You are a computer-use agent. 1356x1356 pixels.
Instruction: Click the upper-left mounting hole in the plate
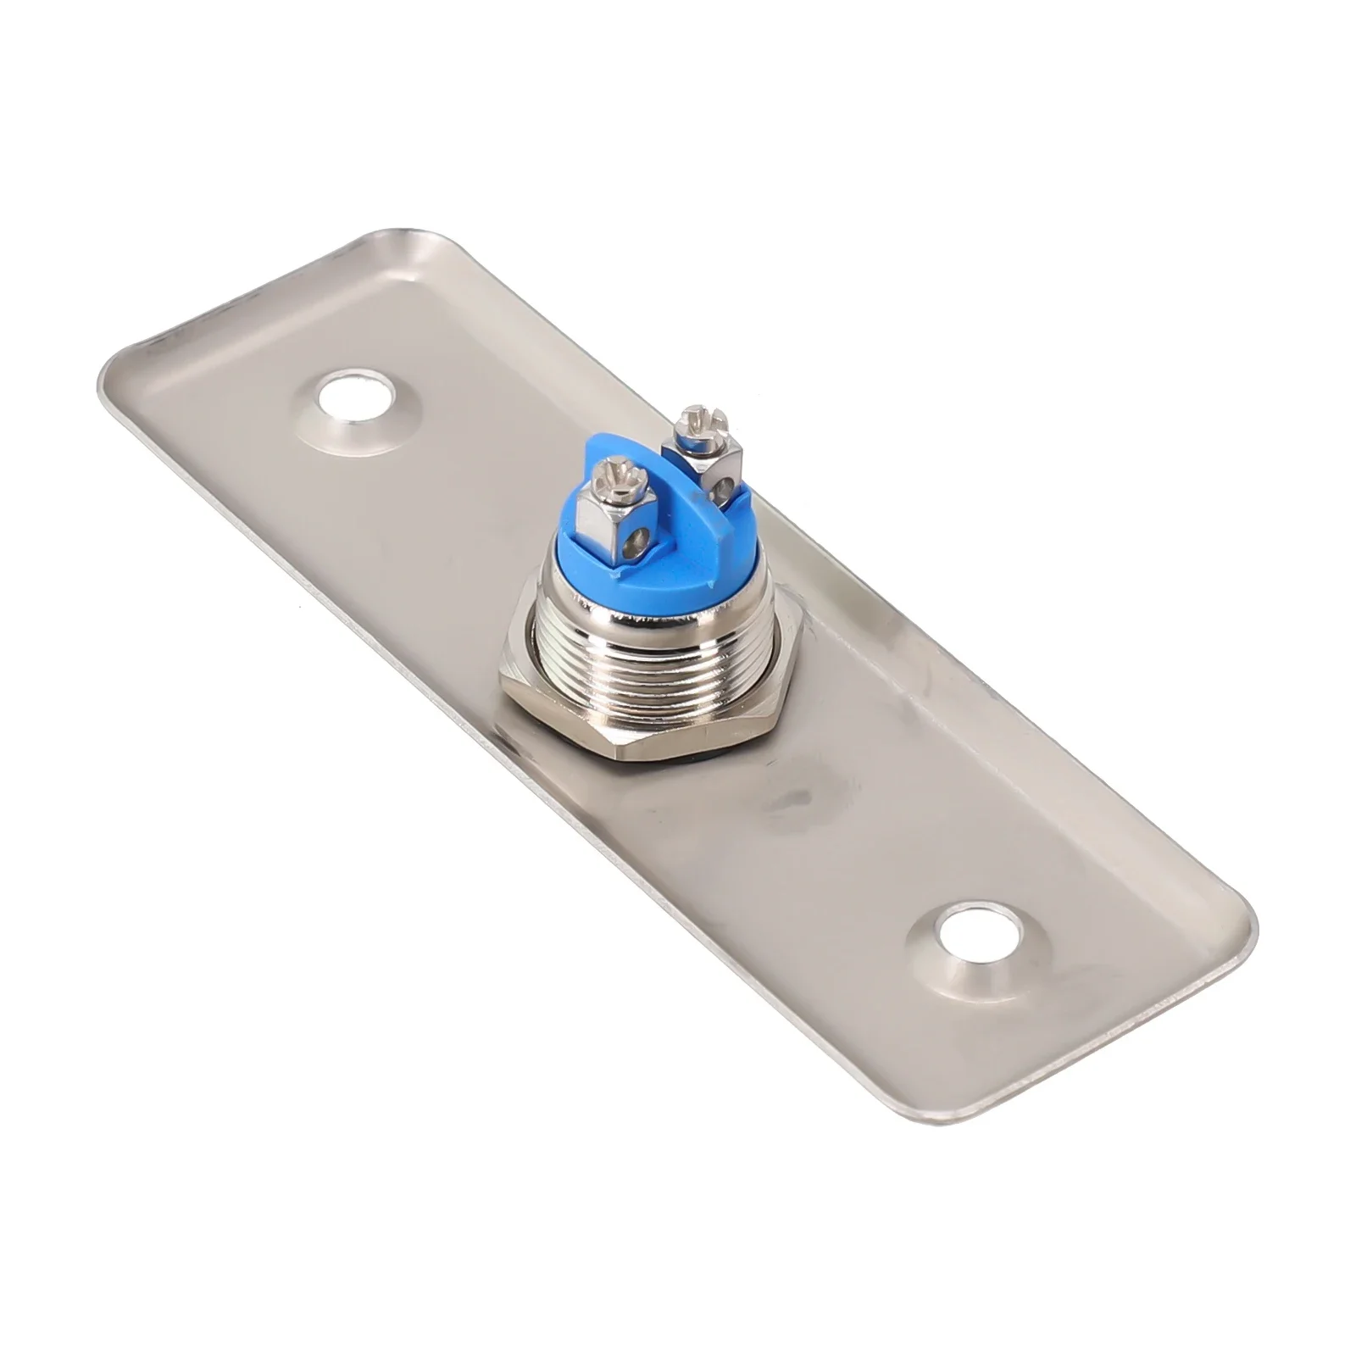356,397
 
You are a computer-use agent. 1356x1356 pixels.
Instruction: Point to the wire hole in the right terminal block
721,489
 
